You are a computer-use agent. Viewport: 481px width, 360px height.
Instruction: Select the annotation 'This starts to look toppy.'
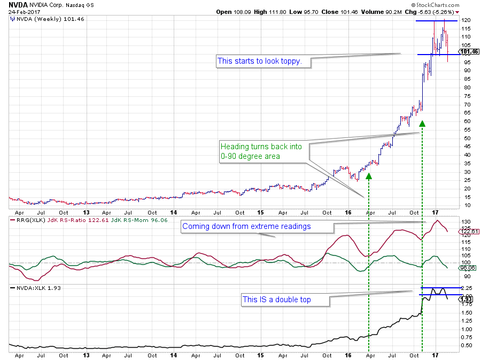(260, 62)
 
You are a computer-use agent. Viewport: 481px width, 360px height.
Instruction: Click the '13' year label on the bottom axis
(87, 355)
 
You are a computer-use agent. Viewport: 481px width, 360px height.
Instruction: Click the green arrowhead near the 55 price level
(422, 124)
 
